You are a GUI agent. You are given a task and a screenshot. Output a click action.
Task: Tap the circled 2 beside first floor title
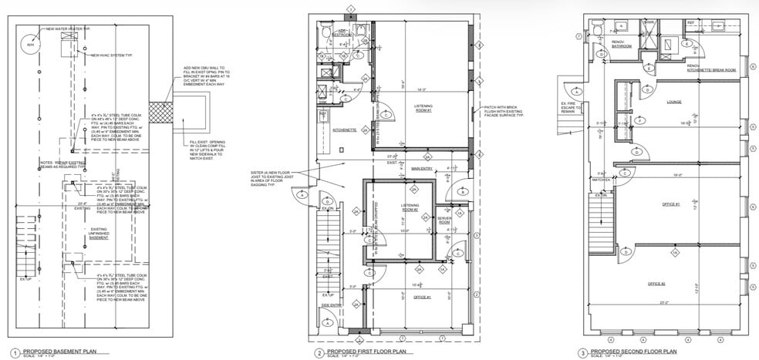[319, 352]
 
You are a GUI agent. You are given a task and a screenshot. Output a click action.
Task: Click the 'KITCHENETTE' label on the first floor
[343, 130]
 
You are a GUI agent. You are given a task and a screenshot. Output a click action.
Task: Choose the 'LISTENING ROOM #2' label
[410, 207]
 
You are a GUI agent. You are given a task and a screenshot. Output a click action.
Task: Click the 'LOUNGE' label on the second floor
[673, 101]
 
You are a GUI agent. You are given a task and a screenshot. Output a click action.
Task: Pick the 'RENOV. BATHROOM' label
[622, 44]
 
